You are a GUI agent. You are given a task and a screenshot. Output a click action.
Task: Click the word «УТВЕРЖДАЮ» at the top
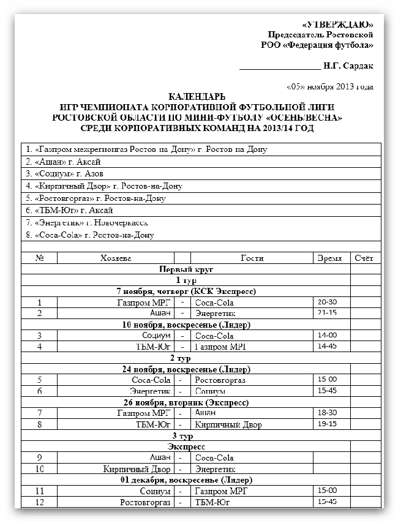[338, 24]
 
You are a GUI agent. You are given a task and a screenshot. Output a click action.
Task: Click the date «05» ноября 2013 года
[329, 86]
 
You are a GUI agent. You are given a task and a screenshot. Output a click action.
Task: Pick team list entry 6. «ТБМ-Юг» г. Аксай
[69, 210]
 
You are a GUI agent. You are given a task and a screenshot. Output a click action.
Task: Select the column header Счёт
[364, 258]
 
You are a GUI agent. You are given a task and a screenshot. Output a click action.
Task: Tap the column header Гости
[252, 258]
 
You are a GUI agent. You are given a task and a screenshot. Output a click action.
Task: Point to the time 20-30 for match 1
[327, 302]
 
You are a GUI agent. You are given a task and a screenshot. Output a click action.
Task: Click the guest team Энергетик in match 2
[214, 313]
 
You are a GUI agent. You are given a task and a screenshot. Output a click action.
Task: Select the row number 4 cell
[39, 347]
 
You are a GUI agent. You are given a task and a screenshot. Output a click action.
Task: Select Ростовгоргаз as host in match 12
[145, 502]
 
